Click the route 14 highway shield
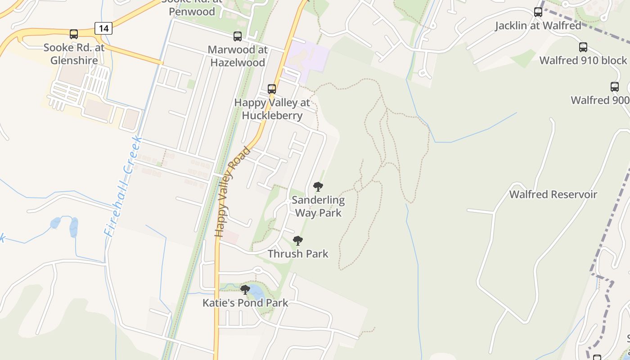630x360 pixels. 103,28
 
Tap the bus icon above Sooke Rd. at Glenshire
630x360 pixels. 74,34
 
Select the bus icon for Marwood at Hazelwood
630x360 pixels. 237,36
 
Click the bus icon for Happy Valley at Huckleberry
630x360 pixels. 272,89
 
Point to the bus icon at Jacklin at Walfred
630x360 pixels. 538,12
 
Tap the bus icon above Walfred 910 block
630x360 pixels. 583,47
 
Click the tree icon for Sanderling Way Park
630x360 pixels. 318,187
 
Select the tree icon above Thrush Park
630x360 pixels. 297,241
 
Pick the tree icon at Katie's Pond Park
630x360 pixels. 245,290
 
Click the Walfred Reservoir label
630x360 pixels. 553,194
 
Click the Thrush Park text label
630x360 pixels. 298,254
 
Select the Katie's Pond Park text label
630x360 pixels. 245,303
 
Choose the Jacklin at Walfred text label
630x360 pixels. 538,26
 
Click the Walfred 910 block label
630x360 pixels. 583,60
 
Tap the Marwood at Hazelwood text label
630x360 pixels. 237,56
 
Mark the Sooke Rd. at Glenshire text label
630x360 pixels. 74,54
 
